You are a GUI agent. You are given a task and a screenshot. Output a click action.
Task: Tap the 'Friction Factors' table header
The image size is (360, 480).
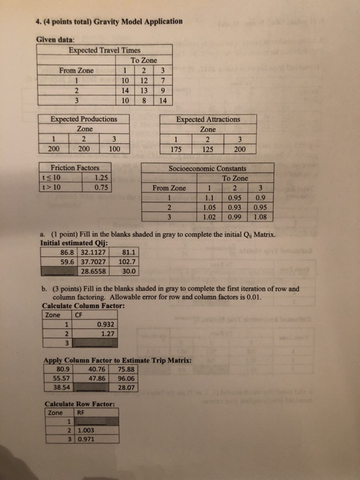tap(75, 167)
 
